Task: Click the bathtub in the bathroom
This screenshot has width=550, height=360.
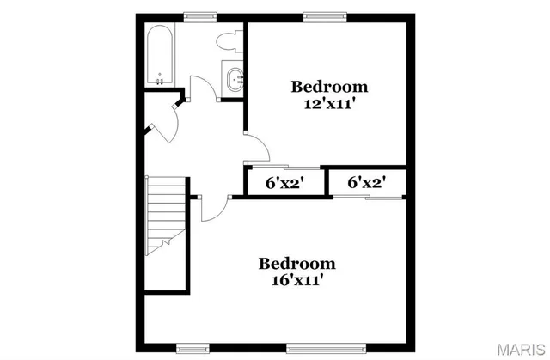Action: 161,55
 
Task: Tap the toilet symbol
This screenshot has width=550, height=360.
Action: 229,40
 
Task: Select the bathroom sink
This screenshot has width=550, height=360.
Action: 234,81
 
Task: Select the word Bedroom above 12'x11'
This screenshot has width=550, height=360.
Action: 329,86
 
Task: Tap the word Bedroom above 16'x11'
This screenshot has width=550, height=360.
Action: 296,263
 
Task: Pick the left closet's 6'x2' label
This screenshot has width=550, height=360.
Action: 285,182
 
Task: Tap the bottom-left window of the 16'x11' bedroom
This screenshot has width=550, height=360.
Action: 192,348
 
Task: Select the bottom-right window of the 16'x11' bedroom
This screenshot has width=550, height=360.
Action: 315,348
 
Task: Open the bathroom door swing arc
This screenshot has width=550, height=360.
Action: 200,89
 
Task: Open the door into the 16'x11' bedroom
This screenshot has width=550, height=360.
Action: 213,209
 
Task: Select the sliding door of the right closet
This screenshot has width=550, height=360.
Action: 368,198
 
